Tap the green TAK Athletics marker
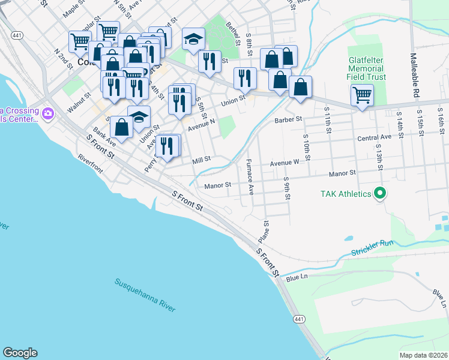[379, 194]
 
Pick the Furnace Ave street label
[250, 177]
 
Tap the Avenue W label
[284, 163]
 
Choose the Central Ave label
[374, 137]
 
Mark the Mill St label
[200, 160]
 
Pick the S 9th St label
[288, 188]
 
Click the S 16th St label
[441, 119]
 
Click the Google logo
[20, 353]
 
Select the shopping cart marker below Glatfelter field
[362, 95]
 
